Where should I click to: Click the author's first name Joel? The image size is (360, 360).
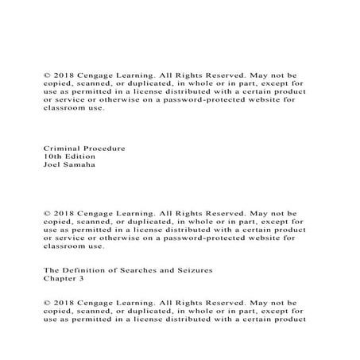(52, 165)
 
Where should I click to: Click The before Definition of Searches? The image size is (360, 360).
(51, 271)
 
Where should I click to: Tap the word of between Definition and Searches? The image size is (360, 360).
(116, 271)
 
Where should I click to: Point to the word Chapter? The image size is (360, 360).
(60, 280)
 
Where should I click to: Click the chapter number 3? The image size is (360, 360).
(81, 280)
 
